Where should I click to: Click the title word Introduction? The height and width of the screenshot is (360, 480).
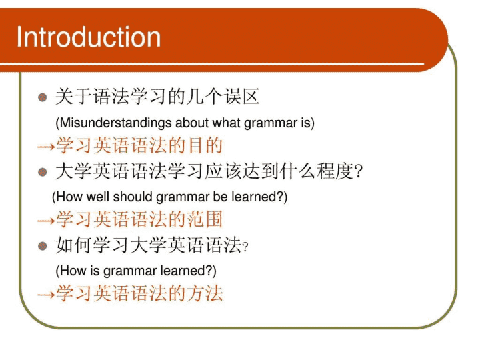(x=89, y=37)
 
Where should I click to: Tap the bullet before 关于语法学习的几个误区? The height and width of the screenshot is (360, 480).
(x=43, y=97)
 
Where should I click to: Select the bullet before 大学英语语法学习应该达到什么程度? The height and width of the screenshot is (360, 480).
(x=43, y=172)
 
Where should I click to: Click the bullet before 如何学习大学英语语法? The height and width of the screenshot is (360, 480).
(x=43, y=246)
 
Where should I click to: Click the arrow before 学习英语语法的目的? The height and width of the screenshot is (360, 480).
(x=46, y=147)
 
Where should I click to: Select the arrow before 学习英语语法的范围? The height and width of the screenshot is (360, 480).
(x=46, y=221)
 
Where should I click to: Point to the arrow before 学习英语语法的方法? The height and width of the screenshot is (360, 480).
(x=46, y=295)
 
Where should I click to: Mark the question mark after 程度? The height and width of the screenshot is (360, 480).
(x=357, y=172)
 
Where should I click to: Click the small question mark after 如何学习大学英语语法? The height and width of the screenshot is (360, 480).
(x=245, y=247)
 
